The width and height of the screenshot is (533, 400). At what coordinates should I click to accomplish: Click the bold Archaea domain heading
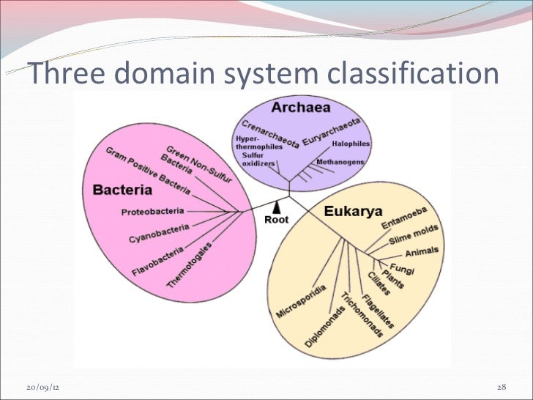(x=300, y=108)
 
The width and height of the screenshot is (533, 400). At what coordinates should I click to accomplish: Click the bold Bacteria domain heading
(x=122, y=190)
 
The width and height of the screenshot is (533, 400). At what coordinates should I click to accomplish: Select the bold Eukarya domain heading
(x=353, y=212)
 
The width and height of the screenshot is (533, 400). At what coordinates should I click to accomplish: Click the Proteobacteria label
(x=152, y=212)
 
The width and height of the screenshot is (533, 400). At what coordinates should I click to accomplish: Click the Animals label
(x=422, y=252)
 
